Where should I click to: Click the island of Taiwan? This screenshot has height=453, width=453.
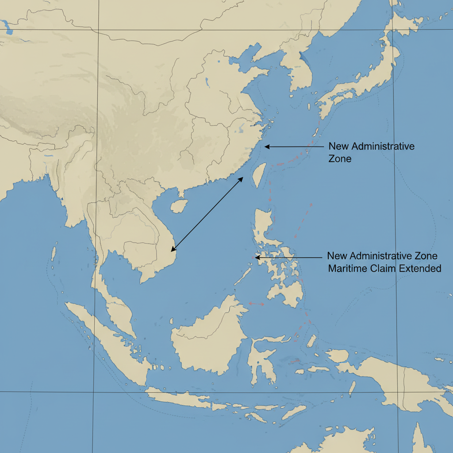point(259,174)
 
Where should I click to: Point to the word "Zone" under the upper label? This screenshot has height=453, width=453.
point(340,159)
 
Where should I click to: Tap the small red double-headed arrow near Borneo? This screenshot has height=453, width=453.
point(256,303)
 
